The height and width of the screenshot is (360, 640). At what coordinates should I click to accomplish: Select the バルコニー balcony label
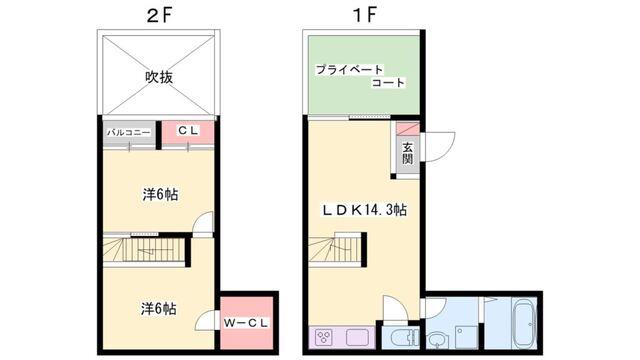coord(129,132)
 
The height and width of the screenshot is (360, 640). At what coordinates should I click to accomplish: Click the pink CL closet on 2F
coord(187,131)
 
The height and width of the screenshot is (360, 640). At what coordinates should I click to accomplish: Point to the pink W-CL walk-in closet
coord(243,321)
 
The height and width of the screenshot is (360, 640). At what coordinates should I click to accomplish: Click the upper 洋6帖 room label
coord(159,194)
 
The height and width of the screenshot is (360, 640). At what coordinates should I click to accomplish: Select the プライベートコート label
coord(360,76)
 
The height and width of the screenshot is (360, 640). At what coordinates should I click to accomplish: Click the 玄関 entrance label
coord(408,156)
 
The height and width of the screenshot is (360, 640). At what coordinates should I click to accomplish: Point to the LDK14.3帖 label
coord(362,210)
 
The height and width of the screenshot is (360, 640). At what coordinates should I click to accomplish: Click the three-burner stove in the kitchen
coord(326,336)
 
